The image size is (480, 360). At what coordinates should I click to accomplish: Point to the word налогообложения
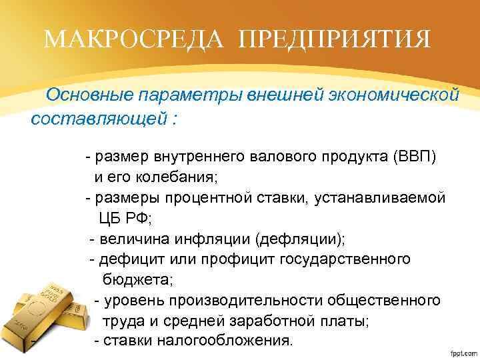(227, 341)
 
